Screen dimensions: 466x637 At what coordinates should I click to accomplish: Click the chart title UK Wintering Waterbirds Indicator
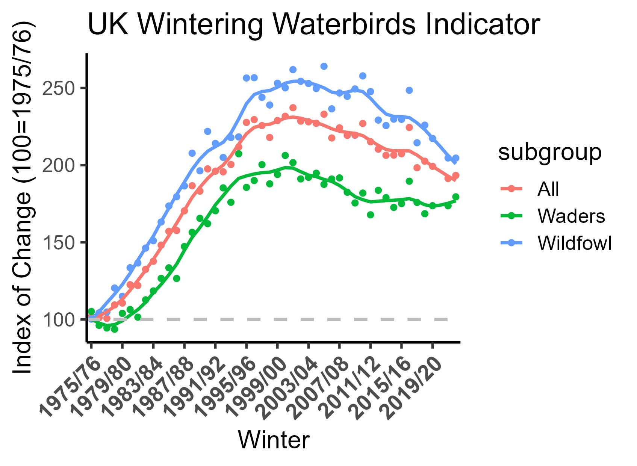tap(313, 25)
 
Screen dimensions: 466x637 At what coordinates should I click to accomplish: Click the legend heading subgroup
tap(549, 153)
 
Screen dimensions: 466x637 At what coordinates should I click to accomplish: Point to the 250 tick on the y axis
tap(59, 88)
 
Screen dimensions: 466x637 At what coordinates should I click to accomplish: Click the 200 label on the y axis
tap(59, 165)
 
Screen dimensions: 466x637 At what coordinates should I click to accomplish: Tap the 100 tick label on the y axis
tap(59, 320)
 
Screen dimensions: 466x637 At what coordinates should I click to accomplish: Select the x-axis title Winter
tap(274, 440)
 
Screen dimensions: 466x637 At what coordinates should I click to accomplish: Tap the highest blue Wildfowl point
tap(324, 67)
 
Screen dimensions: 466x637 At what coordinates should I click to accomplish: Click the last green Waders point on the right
tap(456, 197)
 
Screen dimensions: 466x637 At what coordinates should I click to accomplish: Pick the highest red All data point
tap(293, 108)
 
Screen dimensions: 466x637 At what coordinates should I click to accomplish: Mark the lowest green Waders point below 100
tap(115, 329)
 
